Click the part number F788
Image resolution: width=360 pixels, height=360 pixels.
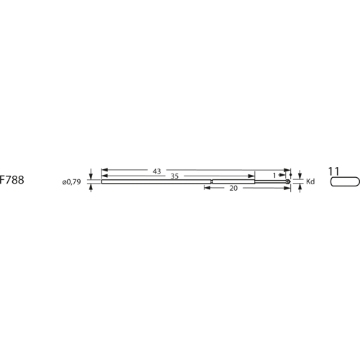coord(12,181)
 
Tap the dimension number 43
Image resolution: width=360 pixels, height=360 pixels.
coord(156,171)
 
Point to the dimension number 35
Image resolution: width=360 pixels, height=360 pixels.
coord(175,176)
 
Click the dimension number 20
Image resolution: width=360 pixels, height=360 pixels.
coord(233,187)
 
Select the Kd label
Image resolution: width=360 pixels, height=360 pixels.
coord(311,181)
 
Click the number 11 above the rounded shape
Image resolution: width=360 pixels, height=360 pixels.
coord(333,171)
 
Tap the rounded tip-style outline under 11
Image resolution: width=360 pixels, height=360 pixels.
coord(345,182)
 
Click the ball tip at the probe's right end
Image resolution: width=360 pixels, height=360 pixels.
coord(289,181)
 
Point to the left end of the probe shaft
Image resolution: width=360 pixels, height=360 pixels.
coord(102,181)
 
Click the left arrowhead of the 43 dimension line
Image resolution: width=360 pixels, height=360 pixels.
coord(104,171)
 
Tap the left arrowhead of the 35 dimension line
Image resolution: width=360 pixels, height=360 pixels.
coord(104,176)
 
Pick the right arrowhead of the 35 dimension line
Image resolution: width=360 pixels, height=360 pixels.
coord(253,176)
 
